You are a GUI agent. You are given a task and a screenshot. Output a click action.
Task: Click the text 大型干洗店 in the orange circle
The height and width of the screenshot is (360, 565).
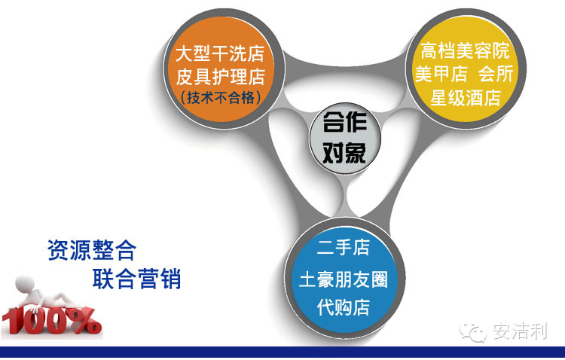[220, 53]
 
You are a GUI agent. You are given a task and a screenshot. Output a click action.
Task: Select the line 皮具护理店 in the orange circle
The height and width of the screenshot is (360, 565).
[220, 76]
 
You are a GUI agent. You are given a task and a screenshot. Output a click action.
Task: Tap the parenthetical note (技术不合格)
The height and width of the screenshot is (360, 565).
[220, 97]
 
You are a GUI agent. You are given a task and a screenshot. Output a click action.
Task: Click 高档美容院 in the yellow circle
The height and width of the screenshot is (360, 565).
[465, 50]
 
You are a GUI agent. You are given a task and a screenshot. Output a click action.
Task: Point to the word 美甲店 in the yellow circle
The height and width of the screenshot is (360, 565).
[441, 74]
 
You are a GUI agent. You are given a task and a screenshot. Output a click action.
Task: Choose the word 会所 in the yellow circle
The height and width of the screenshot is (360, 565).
[496, 74]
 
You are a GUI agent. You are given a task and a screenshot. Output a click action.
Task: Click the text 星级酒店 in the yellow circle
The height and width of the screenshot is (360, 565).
[466, 98]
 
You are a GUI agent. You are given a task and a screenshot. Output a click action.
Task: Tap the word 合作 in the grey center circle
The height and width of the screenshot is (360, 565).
[345, 122]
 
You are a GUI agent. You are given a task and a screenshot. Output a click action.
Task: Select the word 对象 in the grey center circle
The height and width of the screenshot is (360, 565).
[344, 153]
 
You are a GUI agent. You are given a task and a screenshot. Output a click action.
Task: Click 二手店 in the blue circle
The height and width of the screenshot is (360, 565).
[344, 248]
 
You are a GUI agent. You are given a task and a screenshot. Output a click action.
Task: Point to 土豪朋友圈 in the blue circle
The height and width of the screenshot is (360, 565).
[344, 279]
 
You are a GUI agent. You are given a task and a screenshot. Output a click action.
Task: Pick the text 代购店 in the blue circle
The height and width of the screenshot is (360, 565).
[344, 307]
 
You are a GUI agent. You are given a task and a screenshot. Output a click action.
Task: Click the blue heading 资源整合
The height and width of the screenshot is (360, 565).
[92, 250]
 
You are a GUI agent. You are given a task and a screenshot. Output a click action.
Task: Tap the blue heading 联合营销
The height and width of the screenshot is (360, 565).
[136, 279]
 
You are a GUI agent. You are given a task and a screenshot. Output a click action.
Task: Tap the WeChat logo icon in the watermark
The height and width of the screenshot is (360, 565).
[473, 332]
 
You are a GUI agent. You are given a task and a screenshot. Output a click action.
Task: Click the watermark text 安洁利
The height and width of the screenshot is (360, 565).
[520, 331]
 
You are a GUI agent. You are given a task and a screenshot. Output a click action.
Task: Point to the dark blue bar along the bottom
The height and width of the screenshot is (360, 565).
[282, 352]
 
